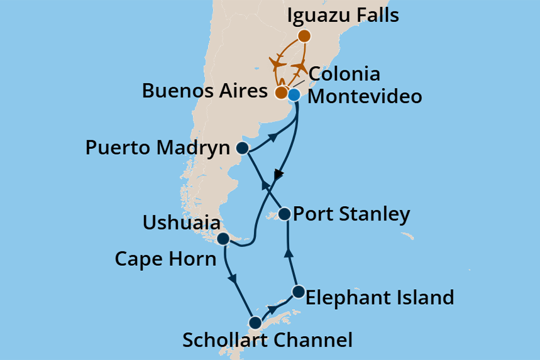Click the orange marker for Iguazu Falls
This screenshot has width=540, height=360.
(304, 36)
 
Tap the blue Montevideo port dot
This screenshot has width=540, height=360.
(294, 95)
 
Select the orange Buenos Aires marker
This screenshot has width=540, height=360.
(282, 93)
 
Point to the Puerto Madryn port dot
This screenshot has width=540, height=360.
(242, 148)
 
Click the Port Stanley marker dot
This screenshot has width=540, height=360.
(284, 214)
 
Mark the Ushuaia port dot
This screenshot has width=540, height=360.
(223, 239)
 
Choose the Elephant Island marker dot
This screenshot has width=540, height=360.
(299, 292)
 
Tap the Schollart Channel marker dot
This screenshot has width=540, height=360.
(255, 323)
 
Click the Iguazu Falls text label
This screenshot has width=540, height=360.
(343, 15)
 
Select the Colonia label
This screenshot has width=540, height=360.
(344, 74)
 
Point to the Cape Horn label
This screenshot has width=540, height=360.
(165, 258)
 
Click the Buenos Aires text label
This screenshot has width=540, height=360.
(204, 90)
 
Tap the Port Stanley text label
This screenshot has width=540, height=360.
(353, 214)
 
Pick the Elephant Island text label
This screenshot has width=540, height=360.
(379, 297)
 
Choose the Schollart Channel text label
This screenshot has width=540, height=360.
(267, 341)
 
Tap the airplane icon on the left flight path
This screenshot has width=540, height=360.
(277, 62)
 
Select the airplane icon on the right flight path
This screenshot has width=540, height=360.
(301, 66)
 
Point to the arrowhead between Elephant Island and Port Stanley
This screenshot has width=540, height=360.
(290, 253)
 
